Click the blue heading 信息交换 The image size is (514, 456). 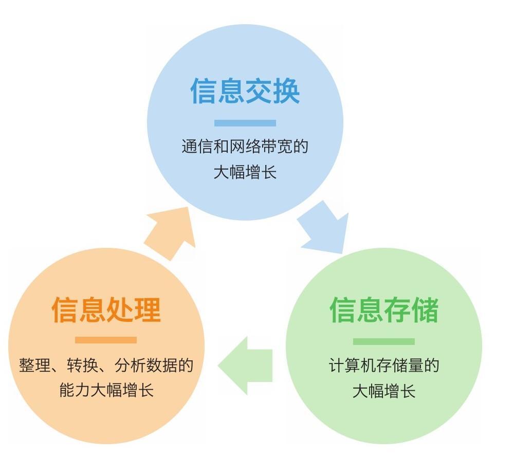[x=245, y=92]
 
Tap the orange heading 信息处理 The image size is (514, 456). [x=106, y=309]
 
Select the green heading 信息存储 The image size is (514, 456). [x=384, y=309]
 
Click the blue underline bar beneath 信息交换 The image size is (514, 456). [x=245, y=123]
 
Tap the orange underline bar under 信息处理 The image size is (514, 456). [x=106, y=340]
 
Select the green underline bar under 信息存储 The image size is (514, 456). [x=384, y=341]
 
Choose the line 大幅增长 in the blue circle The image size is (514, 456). [x=245, y=172]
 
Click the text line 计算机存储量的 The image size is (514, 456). [x=384, y=366]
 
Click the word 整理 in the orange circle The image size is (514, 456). [x=31, y=366]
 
